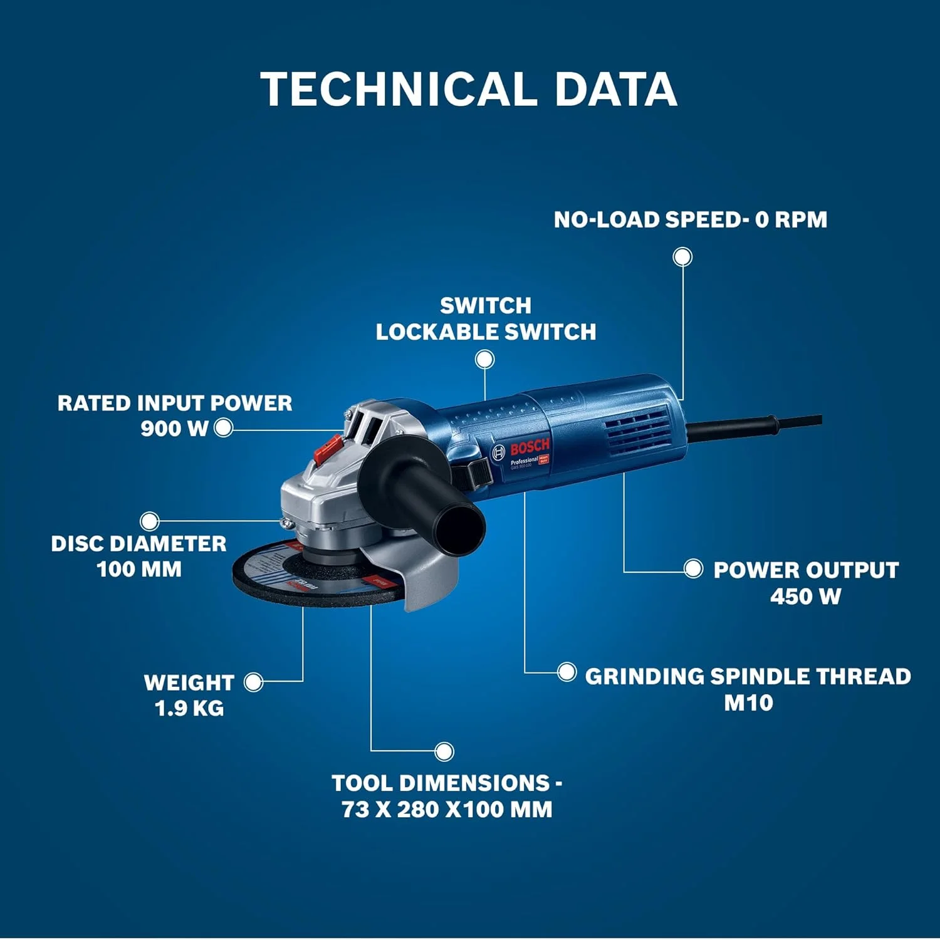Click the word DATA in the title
pyautogui.click(x=615, y=89)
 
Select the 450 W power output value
pyautogui.click(x=805, y=596)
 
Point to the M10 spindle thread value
pyautogui.click(x=748, y=702)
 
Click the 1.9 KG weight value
pyautogui.click(x=189, y=708)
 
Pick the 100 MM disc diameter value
pyautogui.click(x=139, y=569)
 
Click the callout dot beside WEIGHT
pyautogui.click(x=253, y=682)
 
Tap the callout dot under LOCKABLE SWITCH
pyautogui.click(x=484, y=360)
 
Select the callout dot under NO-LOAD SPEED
pyautogui.click(x=682, y=257)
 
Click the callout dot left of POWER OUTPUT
pyautogui.click(x=693, y=569)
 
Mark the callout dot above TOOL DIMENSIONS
pyautogui.click(x=444, y=751)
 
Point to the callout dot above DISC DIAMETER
pyautogui.click(x=149, y=521)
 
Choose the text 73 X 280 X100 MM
pyautogui.click(x=447, y=809)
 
